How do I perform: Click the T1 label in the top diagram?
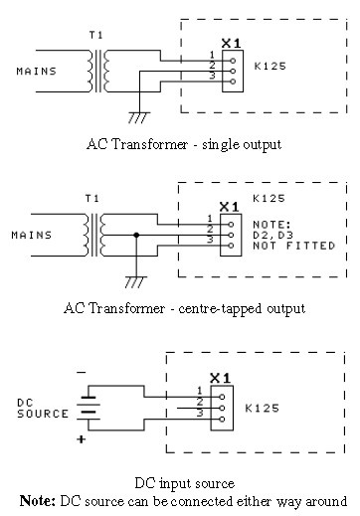96,35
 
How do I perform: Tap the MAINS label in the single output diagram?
37,72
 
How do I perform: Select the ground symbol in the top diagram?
138,117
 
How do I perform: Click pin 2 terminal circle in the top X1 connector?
233,71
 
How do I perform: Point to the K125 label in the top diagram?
270,66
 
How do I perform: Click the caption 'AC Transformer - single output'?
184,144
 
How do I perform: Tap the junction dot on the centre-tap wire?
136,235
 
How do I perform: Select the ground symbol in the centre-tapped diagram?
135,281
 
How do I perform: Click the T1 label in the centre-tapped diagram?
92,199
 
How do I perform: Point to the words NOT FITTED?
294,246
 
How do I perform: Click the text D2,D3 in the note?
273,235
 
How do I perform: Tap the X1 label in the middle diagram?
229,207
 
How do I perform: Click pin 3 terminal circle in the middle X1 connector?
231,246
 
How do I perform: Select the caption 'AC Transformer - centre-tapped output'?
184,308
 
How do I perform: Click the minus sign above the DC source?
82,373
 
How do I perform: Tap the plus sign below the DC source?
82,439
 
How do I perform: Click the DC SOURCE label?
43,409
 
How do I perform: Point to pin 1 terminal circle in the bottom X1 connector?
222,397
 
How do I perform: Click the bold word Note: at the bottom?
38,501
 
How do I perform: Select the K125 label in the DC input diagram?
262,408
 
